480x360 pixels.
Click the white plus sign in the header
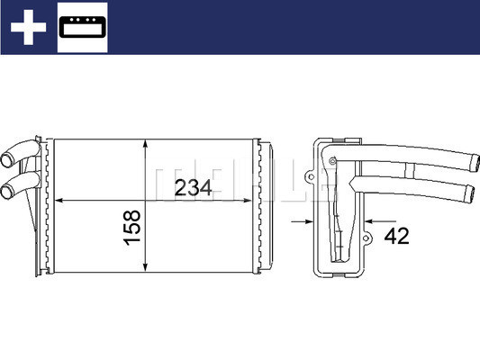coord(29,28)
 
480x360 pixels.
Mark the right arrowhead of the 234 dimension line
coord(254,199)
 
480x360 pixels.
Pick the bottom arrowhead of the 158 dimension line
coord(145,268)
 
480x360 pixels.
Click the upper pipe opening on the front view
coord(8,162)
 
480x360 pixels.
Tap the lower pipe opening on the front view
coord(8,191)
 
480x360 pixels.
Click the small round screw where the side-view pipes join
coord(332,162)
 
